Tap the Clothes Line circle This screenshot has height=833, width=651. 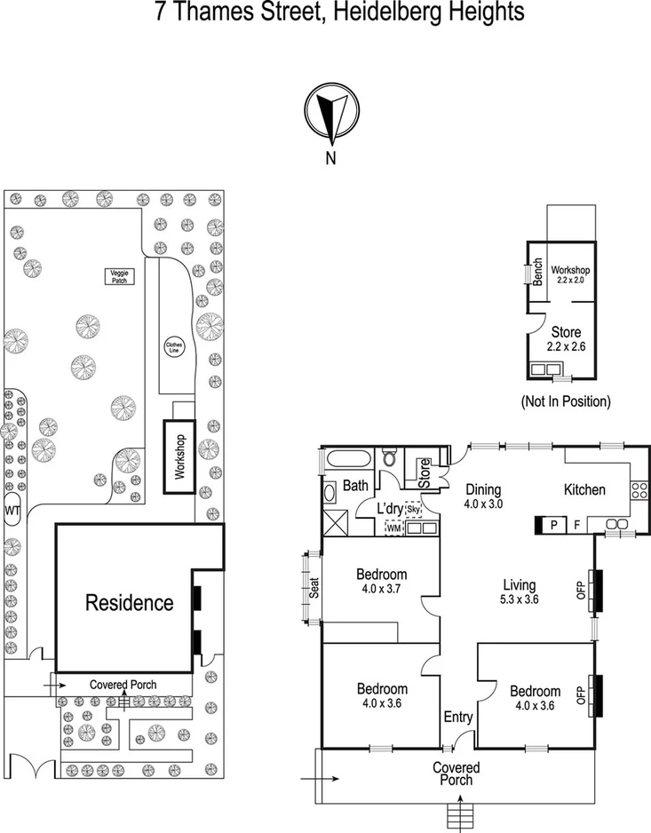(x=174, y=346)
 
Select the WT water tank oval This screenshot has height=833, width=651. (x=12, y=512)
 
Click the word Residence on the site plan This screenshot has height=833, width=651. (x=129, y=603)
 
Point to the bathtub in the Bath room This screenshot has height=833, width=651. (x=346, y=461)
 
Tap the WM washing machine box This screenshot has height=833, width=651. (x=393, y=528)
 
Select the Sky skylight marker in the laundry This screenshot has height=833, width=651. (x=413, y=511)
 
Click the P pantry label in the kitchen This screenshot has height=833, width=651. (x=554, y=525)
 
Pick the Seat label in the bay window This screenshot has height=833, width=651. (x=313, y=589)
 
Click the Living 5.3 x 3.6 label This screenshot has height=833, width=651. (x=519, y=591)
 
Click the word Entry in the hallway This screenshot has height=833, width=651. (x=458, y=718)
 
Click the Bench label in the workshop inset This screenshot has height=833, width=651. (x=538, y=274)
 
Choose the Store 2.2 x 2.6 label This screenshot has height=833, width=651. (x=565, y=339)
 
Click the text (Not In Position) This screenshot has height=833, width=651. (x=566, y=401)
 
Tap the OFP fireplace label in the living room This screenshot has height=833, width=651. (x=582, y=591)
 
